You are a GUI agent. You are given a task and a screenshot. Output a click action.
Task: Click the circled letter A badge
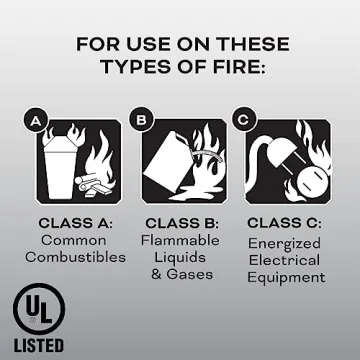(35, 122)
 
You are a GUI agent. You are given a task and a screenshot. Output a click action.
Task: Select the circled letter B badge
(141, 122)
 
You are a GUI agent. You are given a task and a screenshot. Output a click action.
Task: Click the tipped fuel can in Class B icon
(167, 160)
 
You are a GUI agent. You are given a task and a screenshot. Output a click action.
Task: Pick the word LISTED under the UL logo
(37, 346)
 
